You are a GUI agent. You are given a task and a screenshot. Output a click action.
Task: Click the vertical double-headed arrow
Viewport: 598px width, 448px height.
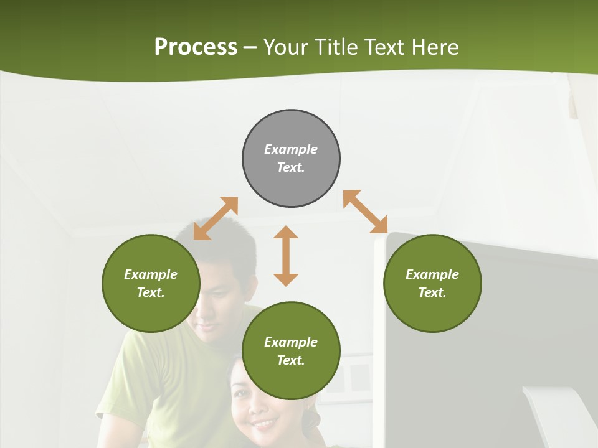pos(286,256)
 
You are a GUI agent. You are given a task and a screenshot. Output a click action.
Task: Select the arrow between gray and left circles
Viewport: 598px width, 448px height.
pos(216,218)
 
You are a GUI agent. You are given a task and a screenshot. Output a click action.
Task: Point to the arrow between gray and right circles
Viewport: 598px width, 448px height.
pos(365,212)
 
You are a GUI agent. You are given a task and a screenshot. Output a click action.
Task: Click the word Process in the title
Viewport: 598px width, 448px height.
pos(196,47)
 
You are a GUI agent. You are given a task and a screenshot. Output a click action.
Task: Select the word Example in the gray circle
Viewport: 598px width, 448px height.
pos(291,149)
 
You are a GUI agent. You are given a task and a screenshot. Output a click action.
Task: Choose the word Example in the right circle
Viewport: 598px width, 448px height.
pos(432,274)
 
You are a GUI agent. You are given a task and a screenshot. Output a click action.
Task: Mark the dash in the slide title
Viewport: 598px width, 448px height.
pos(250,47)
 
